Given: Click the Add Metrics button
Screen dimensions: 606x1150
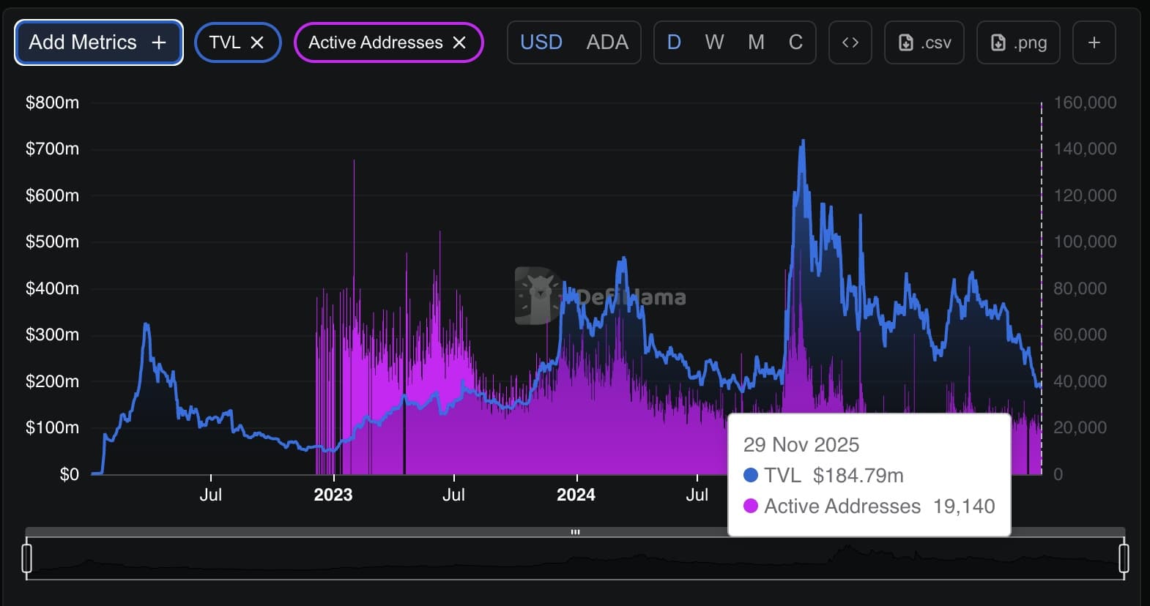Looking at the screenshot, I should tap(98, 42).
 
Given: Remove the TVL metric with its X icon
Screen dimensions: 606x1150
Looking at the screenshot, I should tap(257, 42).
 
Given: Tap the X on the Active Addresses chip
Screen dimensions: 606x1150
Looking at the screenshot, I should tap(459, 42).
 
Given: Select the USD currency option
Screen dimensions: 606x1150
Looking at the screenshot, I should tap(541, 42).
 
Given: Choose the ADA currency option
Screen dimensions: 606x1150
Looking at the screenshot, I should tap(607, 42).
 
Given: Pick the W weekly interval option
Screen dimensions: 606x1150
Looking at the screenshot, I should tap(714, 42).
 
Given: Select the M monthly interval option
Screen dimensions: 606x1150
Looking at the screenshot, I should tap(756, 42).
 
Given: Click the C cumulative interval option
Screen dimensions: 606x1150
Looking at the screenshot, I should tap(795, 42).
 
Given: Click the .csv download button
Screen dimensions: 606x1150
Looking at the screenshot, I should tap(924, 42).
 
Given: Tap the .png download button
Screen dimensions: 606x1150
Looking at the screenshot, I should tap(1018, 42).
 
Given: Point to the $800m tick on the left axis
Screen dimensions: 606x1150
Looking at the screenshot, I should tap(52, 102).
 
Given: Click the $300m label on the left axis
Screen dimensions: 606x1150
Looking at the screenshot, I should tap(52, 334).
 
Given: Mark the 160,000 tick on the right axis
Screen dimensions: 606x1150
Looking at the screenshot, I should tap(1085, 102).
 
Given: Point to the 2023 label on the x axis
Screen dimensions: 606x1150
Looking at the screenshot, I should tap(333, 495).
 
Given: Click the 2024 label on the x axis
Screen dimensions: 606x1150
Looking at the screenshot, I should tap(576, 495).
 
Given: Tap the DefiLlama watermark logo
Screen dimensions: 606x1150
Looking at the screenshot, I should tap(538, 296).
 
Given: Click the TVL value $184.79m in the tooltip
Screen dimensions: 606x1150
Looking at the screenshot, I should tap(858, 476).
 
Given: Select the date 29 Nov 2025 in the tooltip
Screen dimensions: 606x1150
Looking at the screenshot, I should tap(801, 445).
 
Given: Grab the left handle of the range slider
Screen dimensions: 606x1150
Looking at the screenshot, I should tap(27, 558).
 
